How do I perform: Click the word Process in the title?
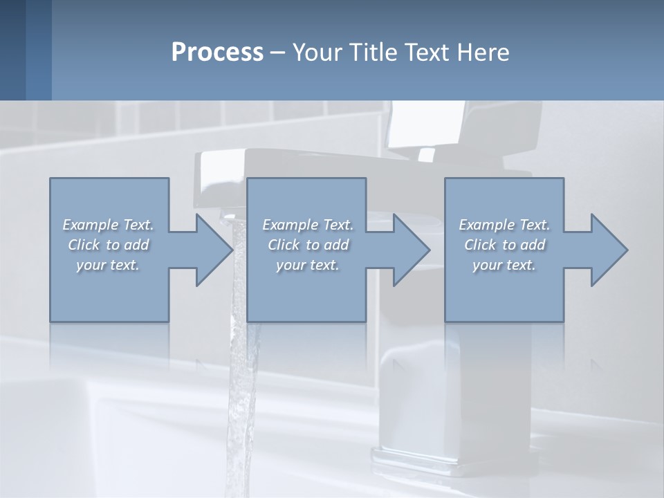217,53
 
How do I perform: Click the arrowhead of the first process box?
214,250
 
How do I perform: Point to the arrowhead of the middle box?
412,250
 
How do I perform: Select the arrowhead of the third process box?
609,250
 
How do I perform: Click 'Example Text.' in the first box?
109,225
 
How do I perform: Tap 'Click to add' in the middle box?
308,245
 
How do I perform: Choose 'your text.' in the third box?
504,265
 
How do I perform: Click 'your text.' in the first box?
108,265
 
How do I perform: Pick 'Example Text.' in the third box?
504,225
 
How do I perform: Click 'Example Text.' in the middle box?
308,225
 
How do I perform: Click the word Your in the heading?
316,53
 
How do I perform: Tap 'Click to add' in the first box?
109,245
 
